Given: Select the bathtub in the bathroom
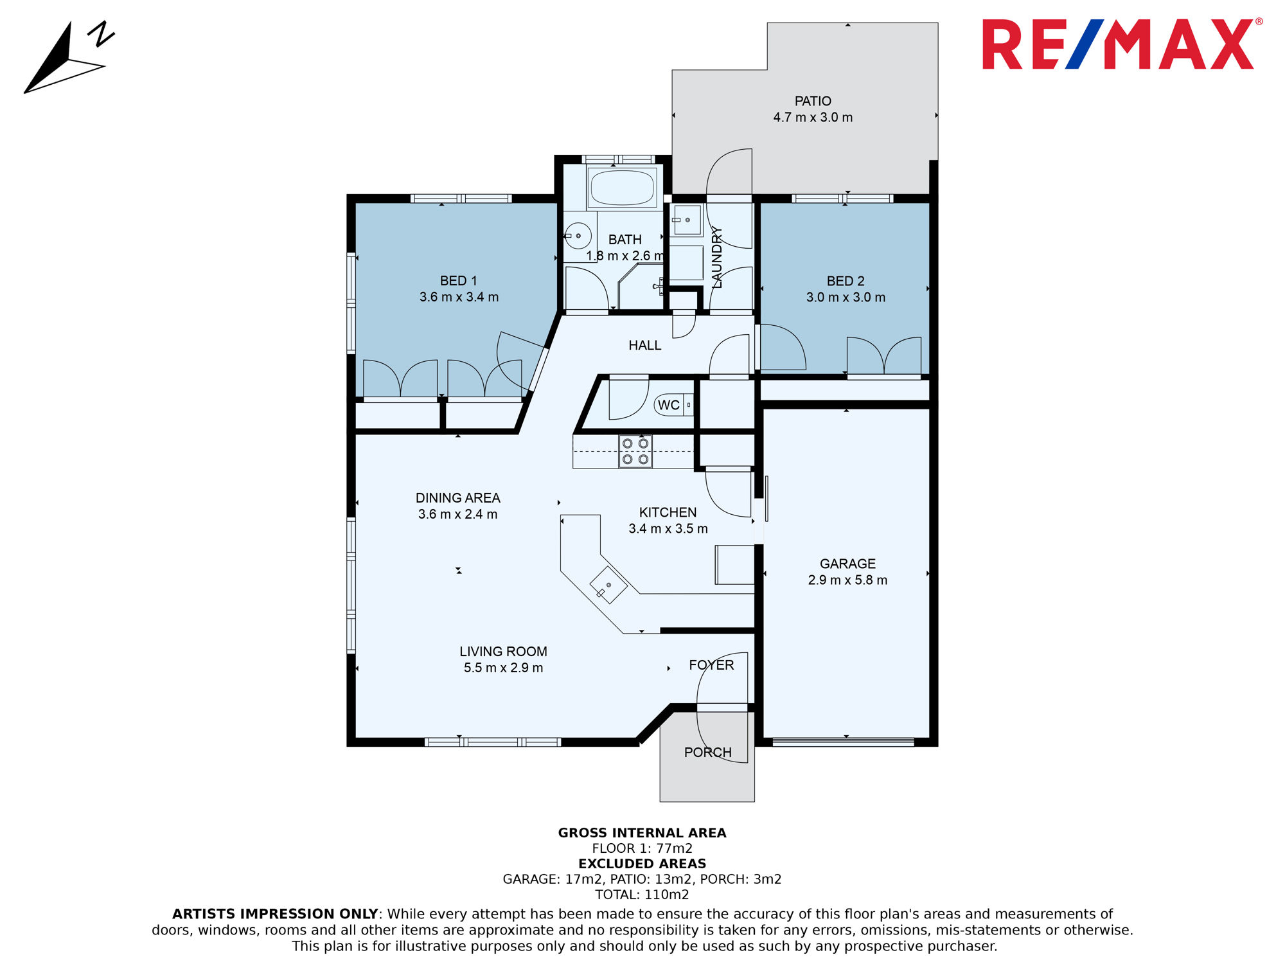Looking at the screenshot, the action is click(622, 187).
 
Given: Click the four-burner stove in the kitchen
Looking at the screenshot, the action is click(635, 451).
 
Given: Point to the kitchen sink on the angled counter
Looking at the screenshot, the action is click(608, 585).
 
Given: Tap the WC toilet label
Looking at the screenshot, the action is click(668, 405).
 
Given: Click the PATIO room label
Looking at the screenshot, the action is click(813, 101).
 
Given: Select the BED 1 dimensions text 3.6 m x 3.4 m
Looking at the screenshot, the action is click(459, 297).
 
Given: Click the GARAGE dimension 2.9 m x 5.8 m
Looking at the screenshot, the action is click(847, 580).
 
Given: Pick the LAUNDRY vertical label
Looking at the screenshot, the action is click(717, 257).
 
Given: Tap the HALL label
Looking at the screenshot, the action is click(644, 345).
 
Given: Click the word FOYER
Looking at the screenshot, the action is click(711, 665).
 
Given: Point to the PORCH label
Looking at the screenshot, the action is click(707, 753).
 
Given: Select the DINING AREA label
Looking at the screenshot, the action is click(457, 498).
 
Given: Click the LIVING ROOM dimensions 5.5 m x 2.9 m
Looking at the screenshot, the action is click(503, 668).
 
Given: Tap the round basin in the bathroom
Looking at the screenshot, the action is click(578, 236).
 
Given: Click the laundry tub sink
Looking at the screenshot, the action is click(687, 220).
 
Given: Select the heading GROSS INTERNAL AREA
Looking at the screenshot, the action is click(642, 833).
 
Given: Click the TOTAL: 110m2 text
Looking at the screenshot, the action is click(642, 895).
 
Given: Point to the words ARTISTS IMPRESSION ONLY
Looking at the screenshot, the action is click(275, 914).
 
